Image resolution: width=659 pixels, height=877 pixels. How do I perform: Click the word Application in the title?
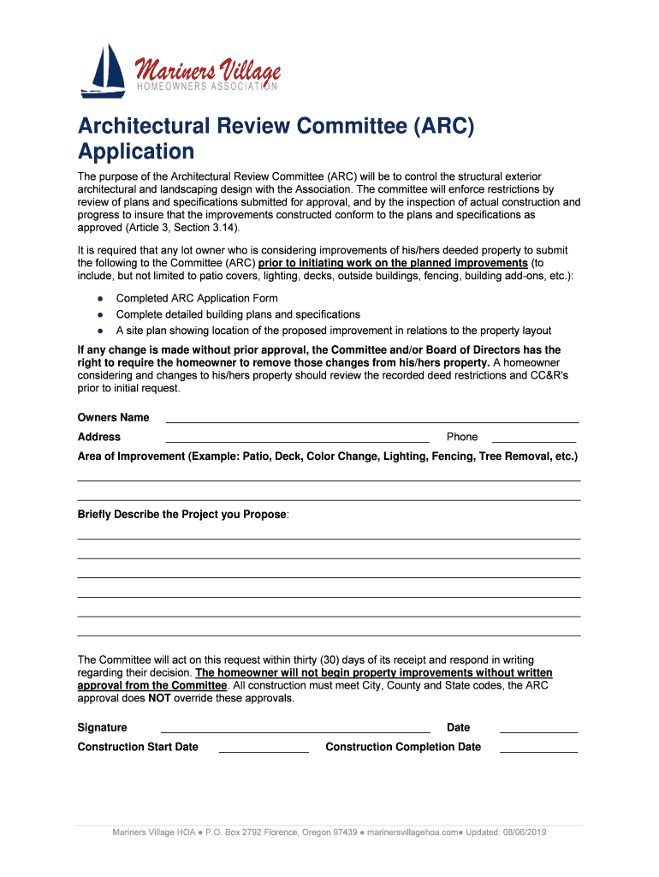(x=136, y=152)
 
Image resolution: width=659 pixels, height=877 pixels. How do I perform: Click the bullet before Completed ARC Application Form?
(x=100, y=299)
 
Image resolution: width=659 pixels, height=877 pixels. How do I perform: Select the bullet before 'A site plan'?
(x=100, y=331)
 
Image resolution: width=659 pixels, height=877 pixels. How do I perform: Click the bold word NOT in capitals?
(x=160, y=698)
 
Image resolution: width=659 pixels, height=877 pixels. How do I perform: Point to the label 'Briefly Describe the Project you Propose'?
(x=183, y=515)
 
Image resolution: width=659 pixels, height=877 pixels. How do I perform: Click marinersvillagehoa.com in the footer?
(x=414, y=832)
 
